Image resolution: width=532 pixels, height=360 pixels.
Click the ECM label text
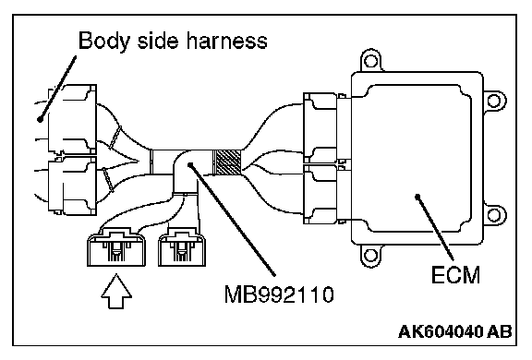[455, 275]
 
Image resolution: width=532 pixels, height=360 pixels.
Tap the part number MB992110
[279, 294]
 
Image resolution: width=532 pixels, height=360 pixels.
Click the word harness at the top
[226, 41]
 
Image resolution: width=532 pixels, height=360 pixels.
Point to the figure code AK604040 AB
[454, 331]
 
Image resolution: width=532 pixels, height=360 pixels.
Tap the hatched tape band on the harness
[226, 162]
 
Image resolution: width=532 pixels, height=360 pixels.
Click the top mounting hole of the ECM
[370, 61]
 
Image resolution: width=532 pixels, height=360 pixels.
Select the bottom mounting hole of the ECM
[370, 255]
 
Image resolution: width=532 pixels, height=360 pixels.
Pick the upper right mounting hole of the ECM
[493, 101]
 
